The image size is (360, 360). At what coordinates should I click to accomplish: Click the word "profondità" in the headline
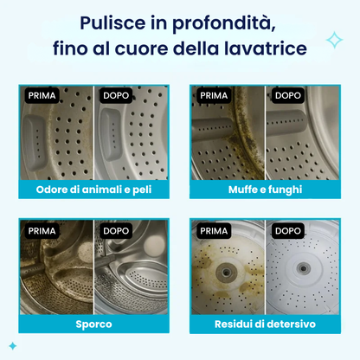point(224,22)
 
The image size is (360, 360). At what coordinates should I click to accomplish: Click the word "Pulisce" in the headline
point(112,22)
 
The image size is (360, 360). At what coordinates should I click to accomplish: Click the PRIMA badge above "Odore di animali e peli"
point(42,95)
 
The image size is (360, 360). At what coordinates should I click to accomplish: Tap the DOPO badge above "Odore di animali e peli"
point(116,95)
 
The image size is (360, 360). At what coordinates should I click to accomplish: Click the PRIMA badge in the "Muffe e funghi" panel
point(214,95)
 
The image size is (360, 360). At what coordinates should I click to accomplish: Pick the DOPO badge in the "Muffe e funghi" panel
point(288,95)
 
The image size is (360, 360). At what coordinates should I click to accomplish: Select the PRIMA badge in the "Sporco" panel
point(42,231)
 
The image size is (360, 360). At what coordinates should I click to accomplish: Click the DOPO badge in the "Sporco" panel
point(116,231)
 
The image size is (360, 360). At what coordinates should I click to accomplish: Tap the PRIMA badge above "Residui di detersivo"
point(214,231)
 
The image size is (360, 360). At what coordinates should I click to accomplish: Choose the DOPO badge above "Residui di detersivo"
point(288,231)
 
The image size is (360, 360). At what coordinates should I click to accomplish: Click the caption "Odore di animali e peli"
point(93,190)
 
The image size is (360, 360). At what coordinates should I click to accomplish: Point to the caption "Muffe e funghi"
point(266,190)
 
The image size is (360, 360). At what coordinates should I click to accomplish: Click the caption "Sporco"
point(93,325)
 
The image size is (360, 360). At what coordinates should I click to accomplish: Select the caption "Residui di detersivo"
point(265,324)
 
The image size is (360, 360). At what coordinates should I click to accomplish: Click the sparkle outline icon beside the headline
point(335,40)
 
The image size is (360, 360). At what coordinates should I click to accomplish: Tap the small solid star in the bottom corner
point(13,346)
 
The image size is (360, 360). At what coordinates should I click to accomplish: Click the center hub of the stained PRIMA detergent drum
point(226,272)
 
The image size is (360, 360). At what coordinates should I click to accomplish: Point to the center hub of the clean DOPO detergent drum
point(303,269)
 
